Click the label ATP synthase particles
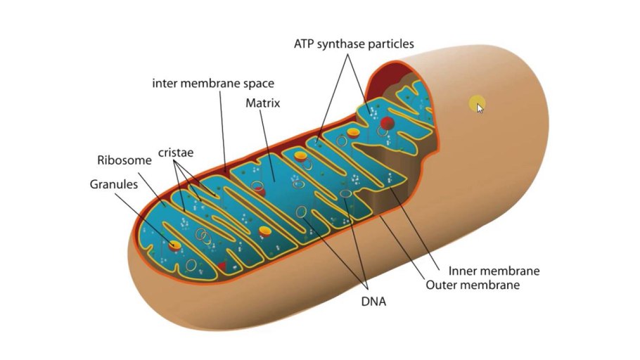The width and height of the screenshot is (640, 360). click(354, 44)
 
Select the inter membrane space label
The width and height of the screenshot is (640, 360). click(213, 83)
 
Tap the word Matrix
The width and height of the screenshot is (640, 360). click(263, 103)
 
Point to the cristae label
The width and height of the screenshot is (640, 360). click(176, 153)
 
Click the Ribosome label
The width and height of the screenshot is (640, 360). click(124, 160)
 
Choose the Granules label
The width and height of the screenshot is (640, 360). click(114, 184)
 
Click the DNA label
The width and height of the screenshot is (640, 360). click(373, 301)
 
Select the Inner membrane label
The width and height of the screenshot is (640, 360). click(494, 271)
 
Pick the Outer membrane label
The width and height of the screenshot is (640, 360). click(473, 285)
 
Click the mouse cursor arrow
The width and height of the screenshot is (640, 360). click(480, 108)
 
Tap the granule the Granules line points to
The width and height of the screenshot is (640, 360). click(174, 245)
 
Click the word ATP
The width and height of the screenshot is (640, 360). click(304, 44)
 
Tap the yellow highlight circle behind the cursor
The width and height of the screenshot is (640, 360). click(477, 103)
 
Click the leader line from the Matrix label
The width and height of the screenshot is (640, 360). click(267, 146)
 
